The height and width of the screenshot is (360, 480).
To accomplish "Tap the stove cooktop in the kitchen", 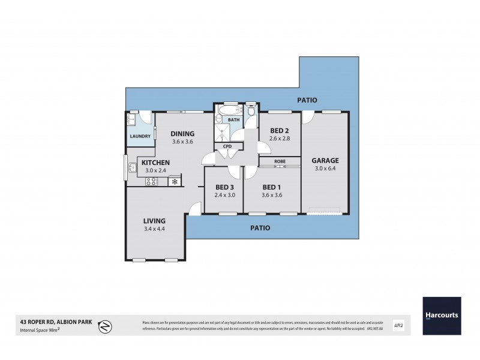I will coord(152,181).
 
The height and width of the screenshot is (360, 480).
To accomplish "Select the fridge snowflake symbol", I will coord(175,181).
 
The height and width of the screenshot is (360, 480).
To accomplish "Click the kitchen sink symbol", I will coord(130,167).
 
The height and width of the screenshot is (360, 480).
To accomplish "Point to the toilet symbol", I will coord(251,111).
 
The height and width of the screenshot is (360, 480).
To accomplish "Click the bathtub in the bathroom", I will coord(228,111).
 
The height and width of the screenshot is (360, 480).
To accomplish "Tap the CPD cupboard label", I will coord(227,146).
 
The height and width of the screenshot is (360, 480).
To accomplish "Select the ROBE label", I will coord(280,161).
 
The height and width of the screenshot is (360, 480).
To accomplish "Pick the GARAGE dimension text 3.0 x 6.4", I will coord(325,170).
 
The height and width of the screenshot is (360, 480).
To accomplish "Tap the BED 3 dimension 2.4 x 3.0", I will coord(224,195).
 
